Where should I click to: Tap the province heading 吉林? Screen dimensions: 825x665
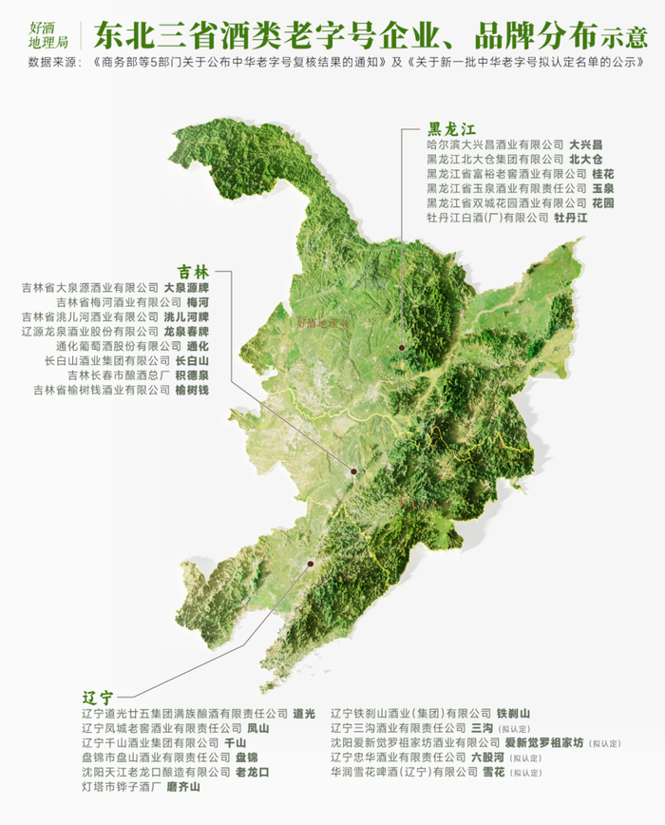click(194, 270)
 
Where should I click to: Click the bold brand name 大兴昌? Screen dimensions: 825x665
click(588, 144)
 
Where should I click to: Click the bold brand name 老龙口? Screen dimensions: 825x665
click(252, 773)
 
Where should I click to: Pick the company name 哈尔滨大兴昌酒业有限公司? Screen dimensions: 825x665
click(495, 144)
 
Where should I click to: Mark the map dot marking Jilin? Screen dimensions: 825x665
click(353, 470)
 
